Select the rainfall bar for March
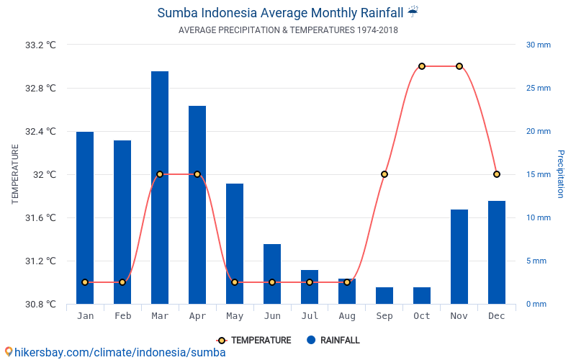(x=160, y=187)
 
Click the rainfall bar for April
(x=197, y=204)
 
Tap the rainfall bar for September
(x=384, y=295)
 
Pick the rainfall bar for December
(x=497, y=252)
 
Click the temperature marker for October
(x=422, y=66)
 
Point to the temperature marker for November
(x=459, y=66)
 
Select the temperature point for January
(x=85, y=282)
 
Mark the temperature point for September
(x=384, y=174)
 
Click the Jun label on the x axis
(x=272, y=316)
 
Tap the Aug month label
(x=347, y=316)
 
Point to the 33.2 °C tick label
(x=40, y=45)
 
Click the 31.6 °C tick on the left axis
(x=40, y=217)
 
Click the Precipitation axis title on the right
(x=561, y=174)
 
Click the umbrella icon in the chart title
(x=413, y=12)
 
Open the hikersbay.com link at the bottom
(x=119, y=352)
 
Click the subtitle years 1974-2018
(x=377, y=30)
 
